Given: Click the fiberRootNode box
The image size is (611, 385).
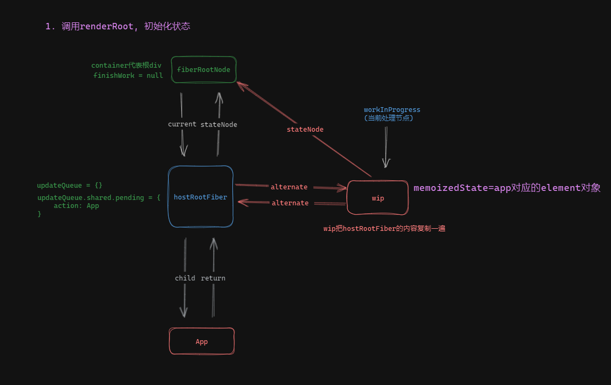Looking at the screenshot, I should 203,70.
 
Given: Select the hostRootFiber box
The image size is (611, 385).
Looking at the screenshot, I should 200,197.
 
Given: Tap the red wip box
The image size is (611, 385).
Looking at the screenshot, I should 378,198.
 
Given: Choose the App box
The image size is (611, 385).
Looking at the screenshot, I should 201,341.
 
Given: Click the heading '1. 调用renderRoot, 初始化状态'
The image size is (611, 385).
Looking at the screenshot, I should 118,26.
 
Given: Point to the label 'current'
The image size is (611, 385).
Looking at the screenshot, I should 182,124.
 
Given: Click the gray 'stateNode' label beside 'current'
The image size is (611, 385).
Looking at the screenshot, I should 218,124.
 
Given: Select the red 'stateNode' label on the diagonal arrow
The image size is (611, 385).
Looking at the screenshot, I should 305,129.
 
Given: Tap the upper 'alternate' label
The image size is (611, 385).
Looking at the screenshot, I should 289,187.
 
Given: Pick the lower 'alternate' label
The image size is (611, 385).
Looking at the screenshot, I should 290,203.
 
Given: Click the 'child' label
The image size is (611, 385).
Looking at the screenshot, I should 185,278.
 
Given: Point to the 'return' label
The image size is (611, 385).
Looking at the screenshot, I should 213,278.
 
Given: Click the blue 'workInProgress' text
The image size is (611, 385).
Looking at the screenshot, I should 392,110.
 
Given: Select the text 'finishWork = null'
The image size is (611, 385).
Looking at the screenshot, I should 128,76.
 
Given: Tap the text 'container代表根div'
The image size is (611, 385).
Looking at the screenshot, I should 126,66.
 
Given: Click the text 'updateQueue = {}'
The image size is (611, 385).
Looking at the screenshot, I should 69,186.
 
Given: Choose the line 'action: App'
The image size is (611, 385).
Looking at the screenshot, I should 76,206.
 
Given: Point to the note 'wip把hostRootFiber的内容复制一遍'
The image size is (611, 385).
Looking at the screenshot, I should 384,228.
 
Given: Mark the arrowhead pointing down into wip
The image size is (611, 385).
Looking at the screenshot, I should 386,163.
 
